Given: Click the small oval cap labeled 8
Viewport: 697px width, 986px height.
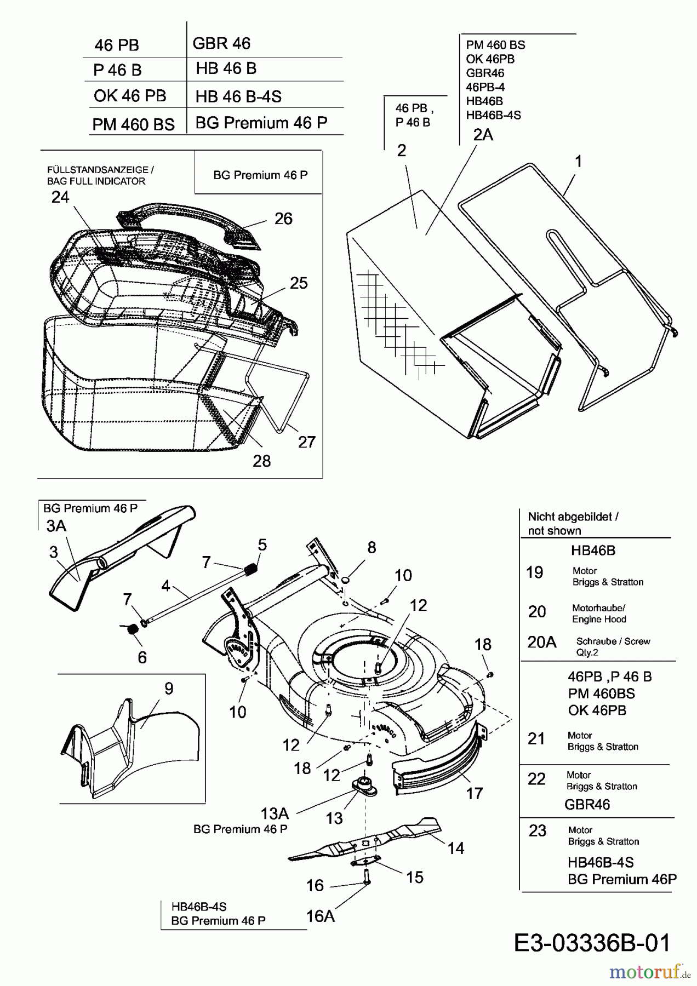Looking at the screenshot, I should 346,580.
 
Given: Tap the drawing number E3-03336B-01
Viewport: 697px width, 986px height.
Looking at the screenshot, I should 592,943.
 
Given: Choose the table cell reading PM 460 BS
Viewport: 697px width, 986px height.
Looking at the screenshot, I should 133,124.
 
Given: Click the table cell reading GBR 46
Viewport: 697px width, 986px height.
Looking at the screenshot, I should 221,43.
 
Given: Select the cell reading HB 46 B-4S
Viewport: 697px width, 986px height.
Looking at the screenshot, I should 238,97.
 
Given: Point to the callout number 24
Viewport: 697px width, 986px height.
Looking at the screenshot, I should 60,197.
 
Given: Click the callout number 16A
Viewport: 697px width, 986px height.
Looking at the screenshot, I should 321,915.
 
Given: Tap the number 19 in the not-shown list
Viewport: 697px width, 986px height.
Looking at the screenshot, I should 534,572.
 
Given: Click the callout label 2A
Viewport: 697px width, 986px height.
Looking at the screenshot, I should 483,135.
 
